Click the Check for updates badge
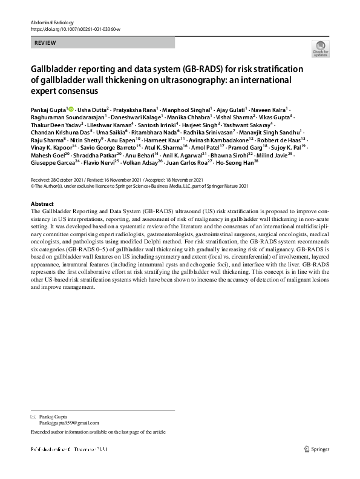coord(320,49)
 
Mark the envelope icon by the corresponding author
coord(33,417)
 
